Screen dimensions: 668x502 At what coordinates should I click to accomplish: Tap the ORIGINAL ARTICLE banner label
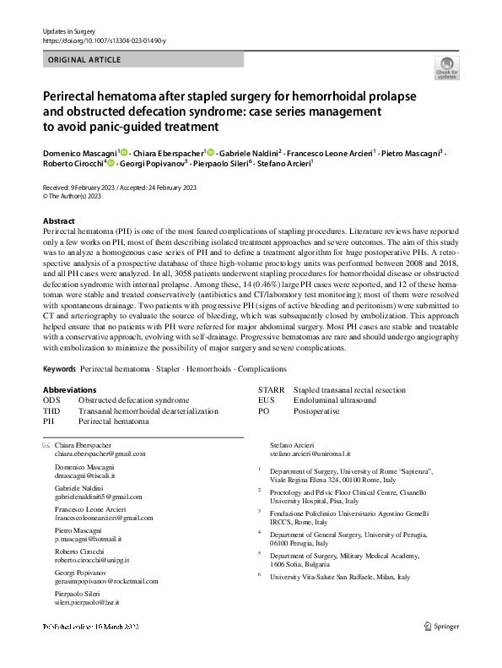click(x=85, y=60)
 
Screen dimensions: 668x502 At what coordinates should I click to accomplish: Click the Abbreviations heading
click(x=69, y=389)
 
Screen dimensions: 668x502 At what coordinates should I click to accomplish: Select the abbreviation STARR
click(x=269, y=389)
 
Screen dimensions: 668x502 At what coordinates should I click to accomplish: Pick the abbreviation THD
click(x=52, y=410)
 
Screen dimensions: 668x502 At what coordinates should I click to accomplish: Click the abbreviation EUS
click(x=266, y=399)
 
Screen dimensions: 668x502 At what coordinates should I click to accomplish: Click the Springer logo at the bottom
click(x=441, y=650)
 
